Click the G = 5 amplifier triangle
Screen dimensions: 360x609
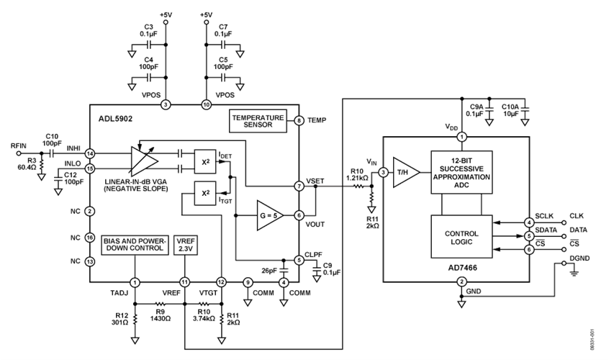click(269, 214)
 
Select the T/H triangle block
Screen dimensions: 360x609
click(405, 173)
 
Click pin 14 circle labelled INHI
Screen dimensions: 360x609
click(89, 153)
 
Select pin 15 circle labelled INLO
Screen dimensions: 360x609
click(89, 168)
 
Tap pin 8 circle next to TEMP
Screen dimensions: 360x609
click(298, 121)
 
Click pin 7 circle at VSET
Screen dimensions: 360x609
click(298, 186)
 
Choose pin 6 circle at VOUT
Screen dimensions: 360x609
click(298, 215)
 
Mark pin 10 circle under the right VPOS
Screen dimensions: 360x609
click(206, 105)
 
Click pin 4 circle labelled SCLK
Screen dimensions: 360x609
click(529, 221)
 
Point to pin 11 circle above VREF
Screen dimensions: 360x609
click(184, 282)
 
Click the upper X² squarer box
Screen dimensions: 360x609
click(204, 161)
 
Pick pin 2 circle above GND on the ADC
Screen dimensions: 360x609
click(461, 282)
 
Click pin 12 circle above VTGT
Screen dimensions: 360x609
click(221, 282)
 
